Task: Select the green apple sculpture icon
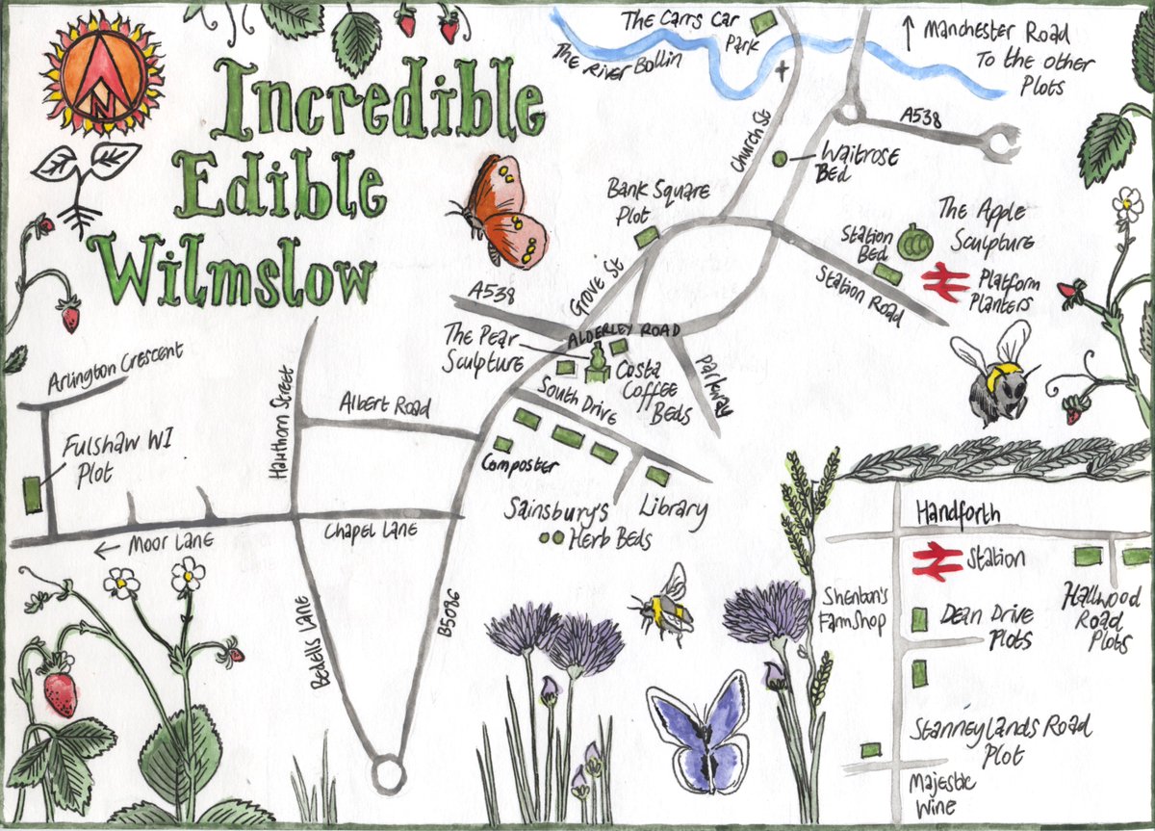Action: point(911,242)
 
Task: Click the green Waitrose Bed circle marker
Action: point(779,157)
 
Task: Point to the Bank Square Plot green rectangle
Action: point(647,236)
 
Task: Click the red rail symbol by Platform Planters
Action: point(945,284)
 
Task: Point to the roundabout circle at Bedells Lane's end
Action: point(388,771)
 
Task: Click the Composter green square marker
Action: point(503,444)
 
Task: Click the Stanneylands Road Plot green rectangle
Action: point(872,749)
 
